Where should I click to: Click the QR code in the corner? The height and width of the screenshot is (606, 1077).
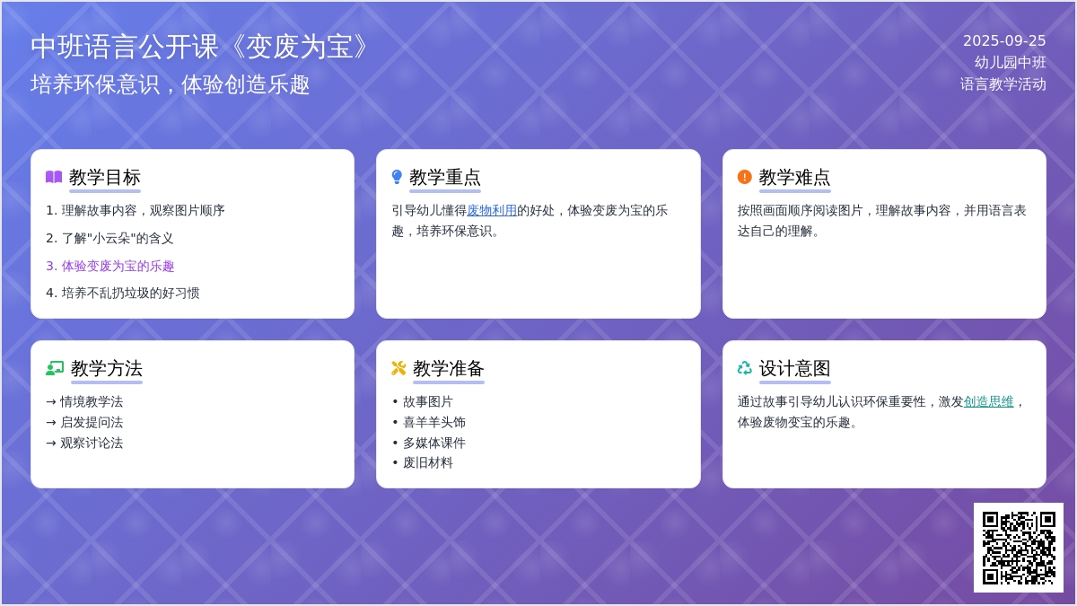(x=1019, y=548)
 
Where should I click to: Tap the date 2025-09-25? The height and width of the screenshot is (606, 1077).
(x=1004, y=41)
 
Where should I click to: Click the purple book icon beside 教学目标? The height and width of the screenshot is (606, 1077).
(x=54, y=177)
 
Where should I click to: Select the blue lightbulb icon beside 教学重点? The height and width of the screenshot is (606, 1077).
(x=397, y=177)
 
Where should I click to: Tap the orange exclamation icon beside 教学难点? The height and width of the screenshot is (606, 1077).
(x=744, y=177)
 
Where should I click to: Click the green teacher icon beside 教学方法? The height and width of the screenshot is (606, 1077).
(x=55, y=368)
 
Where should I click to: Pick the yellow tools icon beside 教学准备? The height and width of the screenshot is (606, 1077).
(x=398, y=368)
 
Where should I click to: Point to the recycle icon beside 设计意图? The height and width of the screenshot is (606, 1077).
(x=745, y=368)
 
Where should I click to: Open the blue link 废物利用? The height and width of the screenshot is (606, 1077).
(x=492, y=210)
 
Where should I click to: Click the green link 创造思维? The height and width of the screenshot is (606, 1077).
(x=988, y=401)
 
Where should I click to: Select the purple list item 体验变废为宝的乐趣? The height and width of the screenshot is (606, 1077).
(x=110, y=266)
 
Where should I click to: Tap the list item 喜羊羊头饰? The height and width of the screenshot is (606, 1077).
(x=434, y=422)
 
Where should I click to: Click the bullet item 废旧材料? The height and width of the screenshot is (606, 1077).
(x=428, y=462)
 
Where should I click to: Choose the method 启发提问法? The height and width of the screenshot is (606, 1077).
(x=92, y=422)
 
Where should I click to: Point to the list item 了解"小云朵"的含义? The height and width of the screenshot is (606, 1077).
(x=109, y=238)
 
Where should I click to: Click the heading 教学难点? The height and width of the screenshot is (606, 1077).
(x=794, y=177)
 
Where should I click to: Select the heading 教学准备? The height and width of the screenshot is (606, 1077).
(x=448, y=368)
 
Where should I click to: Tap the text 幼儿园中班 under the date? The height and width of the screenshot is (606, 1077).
(x=1011, y=63)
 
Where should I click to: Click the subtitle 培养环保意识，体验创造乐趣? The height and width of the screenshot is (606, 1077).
(x=170, y=84)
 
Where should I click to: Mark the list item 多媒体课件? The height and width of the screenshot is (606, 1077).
(x=434, y=443)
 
